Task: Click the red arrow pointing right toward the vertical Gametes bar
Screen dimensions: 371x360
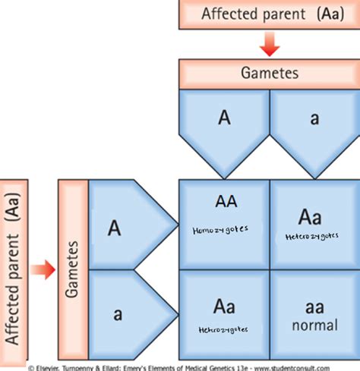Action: click(44, 269)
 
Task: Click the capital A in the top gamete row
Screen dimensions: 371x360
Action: click(224, 118)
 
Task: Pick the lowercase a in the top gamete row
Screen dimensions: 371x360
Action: click(313, 119)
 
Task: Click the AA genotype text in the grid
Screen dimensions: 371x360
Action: click(226, 202)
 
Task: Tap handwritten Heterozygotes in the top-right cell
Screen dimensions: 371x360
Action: click(310, 237)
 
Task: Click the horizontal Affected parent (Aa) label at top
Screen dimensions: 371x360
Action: click(264, 14)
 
